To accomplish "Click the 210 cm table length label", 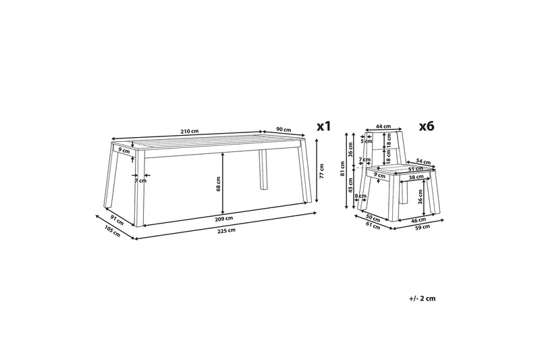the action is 190,131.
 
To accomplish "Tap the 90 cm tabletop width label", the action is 283,130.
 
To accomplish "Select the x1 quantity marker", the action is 323,126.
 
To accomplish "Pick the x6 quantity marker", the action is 427,126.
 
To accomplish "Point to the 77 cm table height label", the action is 322,171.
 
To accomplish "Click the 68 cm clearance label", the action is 218,184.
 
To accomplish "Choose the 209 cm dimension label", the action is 225,218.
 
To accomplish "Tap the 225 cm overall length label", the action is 227,230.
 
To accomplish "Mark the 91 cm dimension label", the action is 117,220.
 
